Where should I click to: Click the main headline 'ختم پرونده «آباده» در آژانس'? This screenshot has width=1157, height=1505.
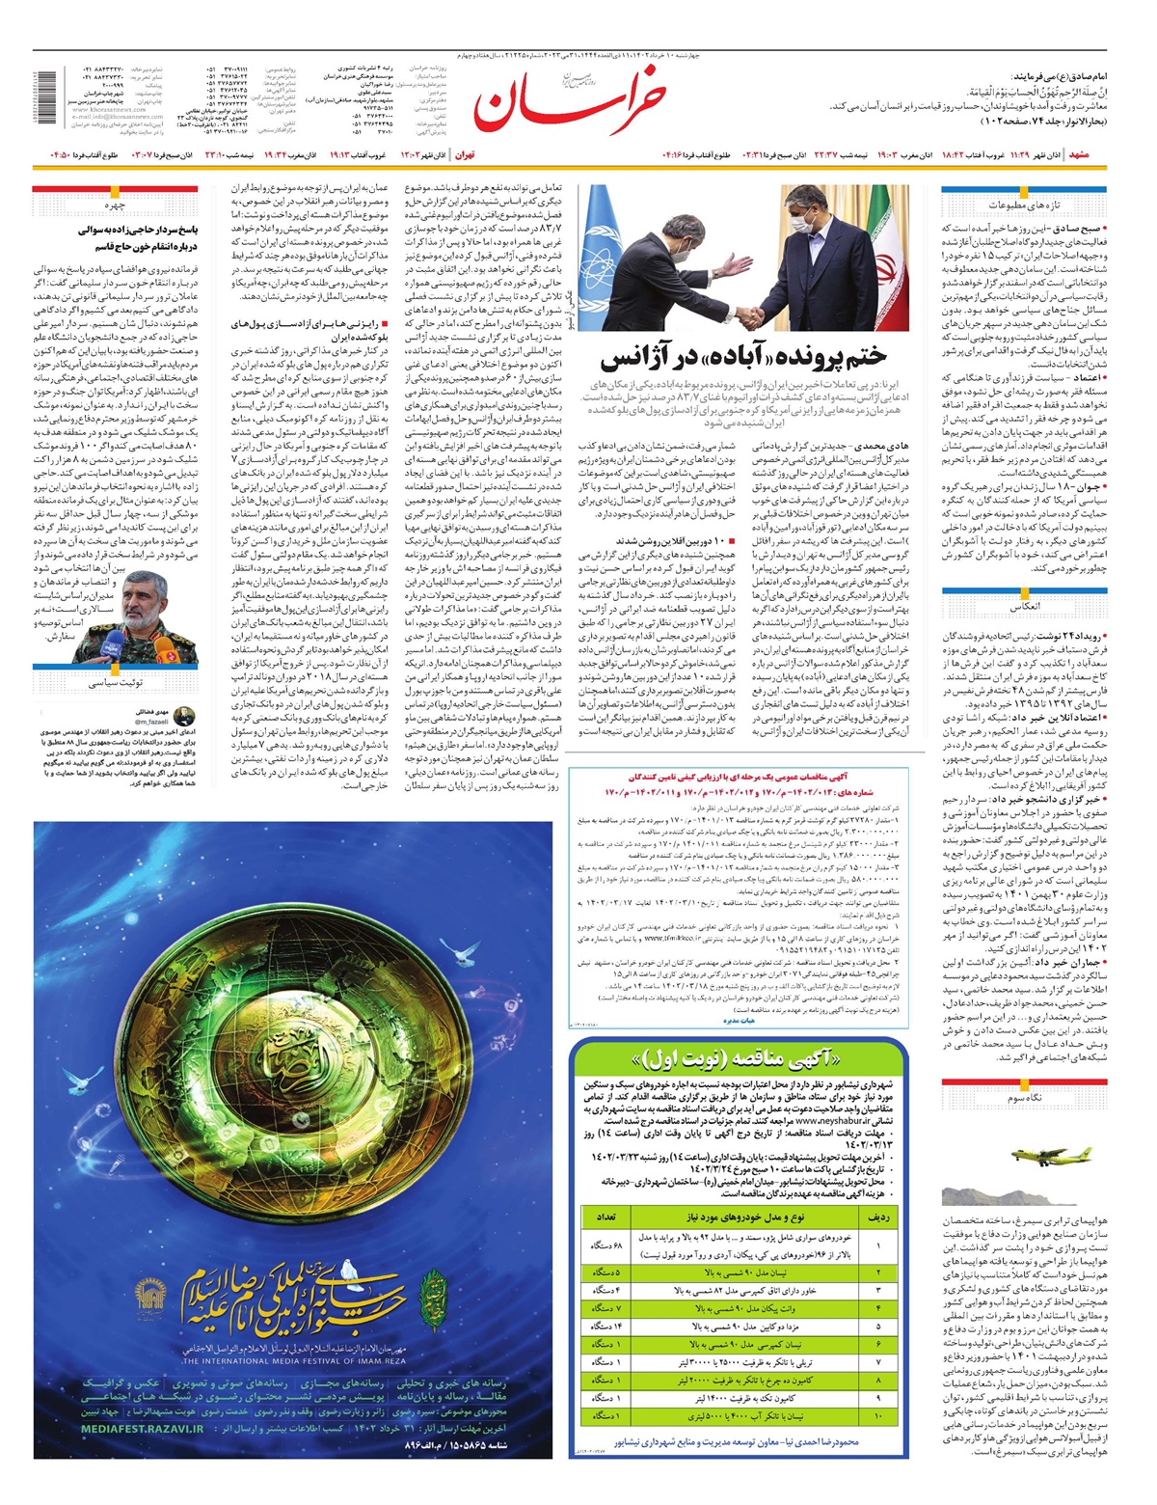[x=743, y=358]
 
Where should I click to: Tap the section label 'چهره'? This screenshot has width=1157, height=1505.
[x=115, y=205]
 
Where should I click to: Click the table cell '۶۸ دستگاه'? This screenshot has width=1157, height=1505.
[x=607, y=1246]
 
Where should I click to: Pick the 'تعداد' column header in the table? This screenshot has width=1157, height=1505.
[x=607, y=1218]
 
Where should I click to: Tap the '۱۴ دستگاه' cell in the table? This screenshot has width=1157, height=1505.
[x=607, y=1327]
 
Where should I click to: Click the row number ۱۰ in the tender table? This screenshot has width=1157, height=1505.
[x=878, y=1415]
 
